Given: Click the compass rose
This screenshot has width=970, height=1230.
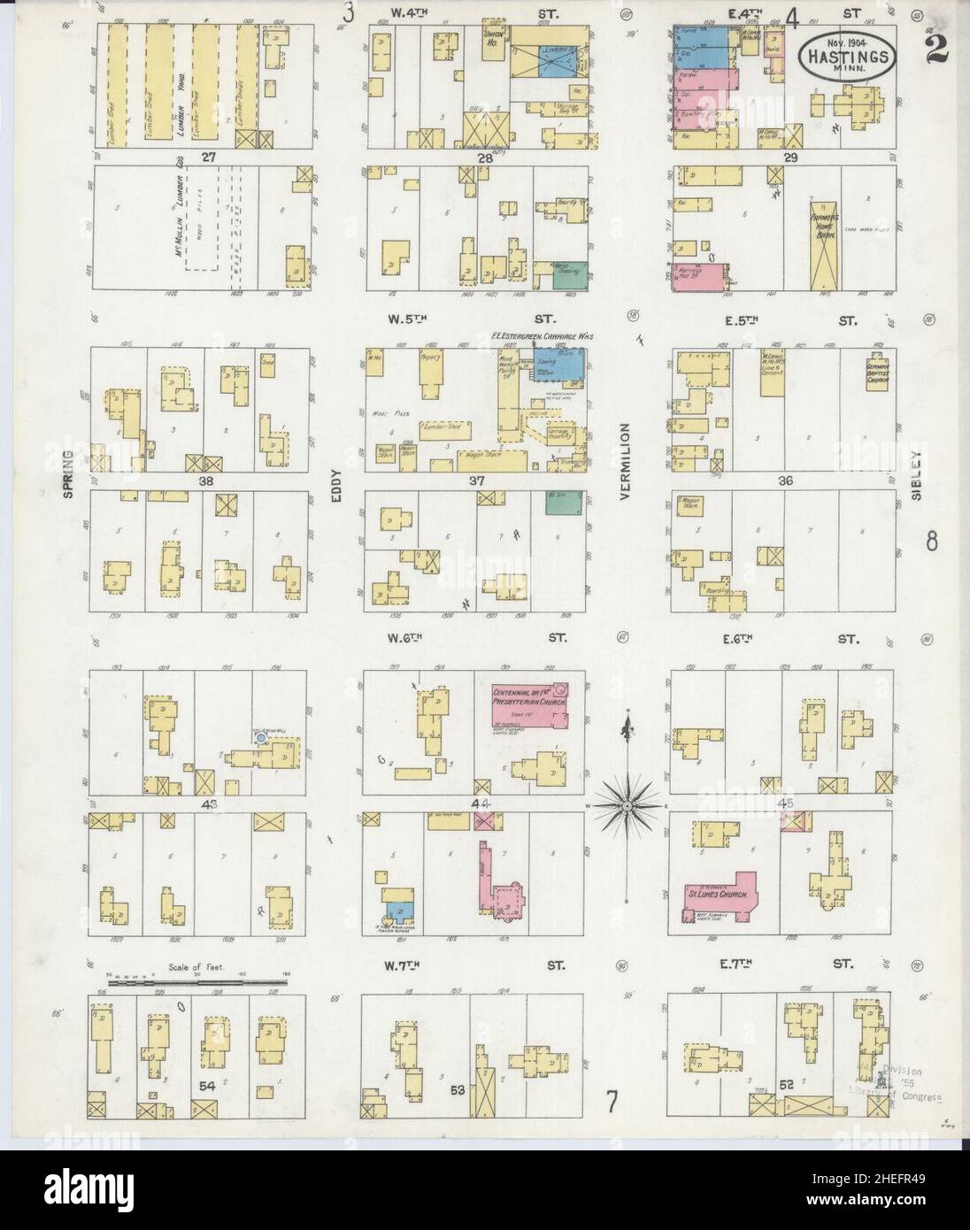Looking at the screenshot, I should [627, 803].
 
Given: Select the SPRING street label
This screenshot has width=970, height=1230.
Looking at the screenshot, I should [68, 474].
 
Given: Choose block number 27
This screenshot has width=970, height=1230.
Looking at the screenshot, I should [208, 157].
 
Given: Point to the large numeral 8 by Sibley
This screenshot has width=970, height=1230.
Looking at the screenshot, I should [931, 540].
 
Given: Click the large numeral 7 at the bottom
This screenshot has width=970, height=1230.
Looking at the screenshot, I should [612, 1102].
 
